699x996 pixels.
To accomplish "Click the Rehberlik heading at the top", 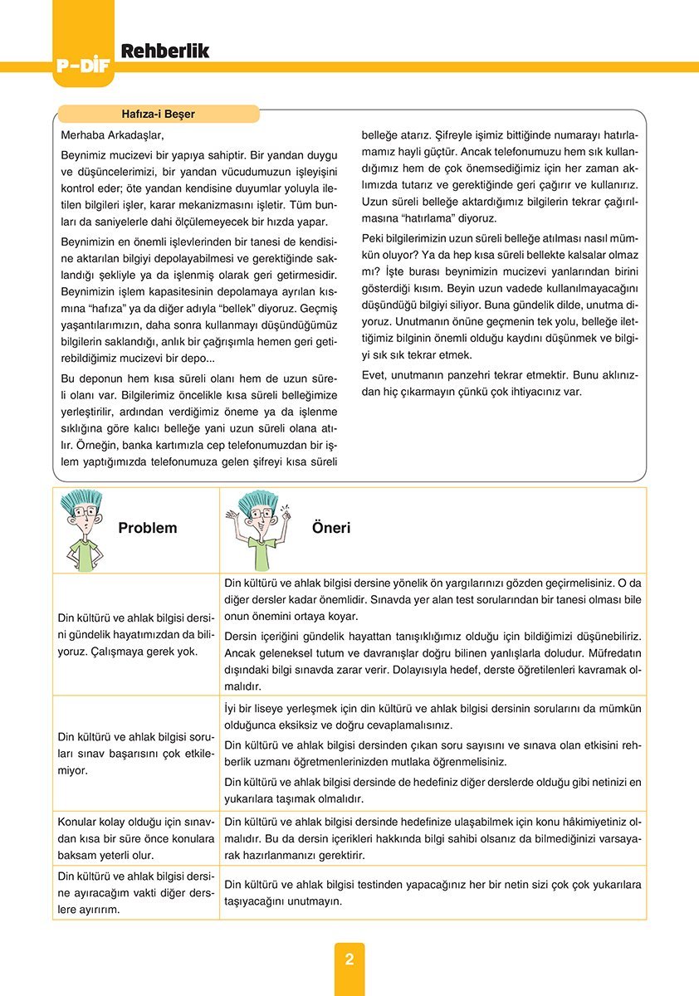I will click(165, 51).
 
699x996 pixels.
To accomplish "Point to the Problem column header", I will click(148, 528).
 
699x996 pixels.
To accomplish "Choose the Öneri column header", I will click(331, 528).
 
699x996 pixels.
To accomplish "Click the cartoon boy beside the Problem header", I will click(82, 529).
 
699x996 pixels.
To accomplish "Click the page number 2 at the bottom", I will click(349, 959).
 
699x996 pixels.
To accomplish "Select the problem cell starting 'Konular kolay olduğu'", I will click(136, 837).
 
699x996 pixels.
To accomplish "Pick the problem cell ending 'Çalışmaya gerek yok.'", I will click(136, 634).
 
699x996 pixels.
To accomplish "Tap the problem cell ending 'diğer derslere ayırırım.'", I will click(136, 892).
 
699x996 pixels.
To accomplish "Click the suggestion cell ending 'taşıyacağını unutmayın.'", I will click(433, 893).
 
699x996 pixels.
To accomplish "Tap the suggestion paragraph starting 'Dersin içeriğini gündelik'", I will click(433, 661).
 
